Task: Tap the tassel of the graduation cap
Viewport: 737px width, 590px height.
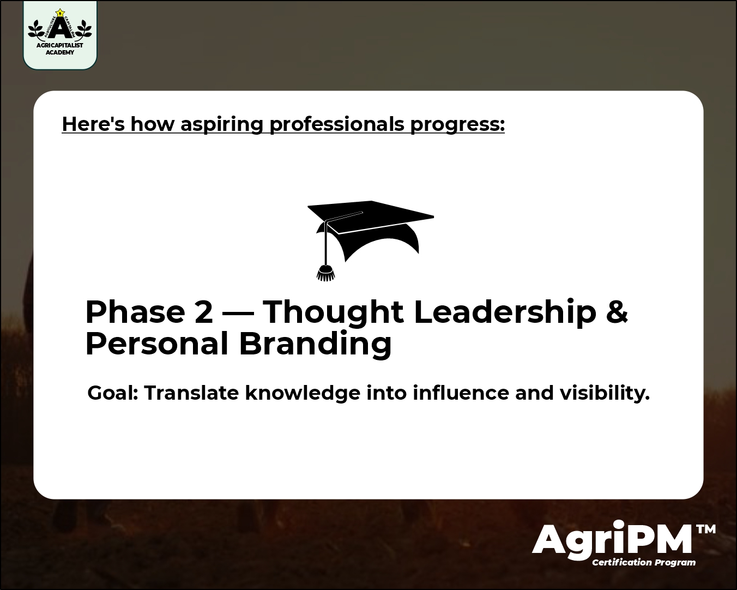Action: (x=325, y=273)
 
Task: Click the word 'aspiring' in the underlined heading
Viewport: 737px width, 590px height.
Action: (x=222, y=124)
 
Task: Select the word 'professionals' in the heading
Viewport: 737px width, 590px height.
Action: (x=337, y=124)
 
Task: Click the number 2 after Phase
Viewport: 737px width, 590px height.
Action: (x=203, y=312)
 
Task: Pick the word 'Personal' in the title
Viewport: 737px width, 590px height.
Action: (x=156, y=344)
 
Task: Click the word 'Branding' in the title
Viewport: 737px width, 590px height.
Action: (x=315, y=344)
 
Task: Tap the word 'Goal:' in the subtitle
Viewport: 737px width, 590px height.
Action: (x=113, y=393)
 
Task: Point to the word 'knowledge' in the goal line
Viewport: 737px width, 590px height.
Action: (x=303, y=393)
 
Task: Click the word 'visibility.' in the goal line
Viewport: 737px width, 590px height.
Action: (x=605, y=393)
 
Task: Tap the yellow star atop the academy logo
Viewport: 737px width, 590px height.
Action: (x=60, y=13)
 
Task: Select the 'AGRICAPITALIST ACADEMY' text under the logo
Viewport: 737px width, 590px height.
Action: (x=60, y=49)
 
